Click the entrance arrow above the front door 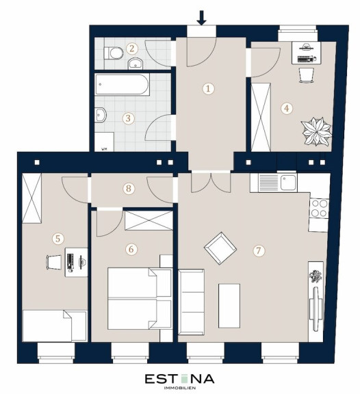click(x=201, y=18)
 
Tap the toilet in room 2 click(x=114, y=53)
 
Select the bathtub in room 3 click(x=123, y=84)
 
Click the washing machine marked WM click(x=104, y=142)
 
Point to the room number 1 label click(x=208, y=88)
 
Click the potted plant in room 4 click(x=316, y=131)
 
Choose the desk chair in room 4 click(x=307, y=75)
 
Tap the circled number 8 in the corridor click(x=129, y=188)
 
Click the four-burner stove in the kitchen click(x=319, y=208)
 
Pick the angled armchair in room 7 click(x=220, y=248)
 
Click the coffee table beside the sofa click(x=229, y=306)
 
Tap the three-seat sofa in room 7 click(x=191, y=302)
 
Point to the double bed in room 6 click(x=140, y=298)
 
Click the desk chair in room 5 click(x=53, y=262)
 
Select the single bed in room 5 click(x=55, y=326)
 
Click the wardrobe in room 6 click(x=149, y=220)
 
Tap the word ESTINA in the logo click(x=180, y=379)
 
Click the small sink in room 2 click(x=136, y=64)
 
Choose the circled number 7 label click(x=259, y=250)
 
